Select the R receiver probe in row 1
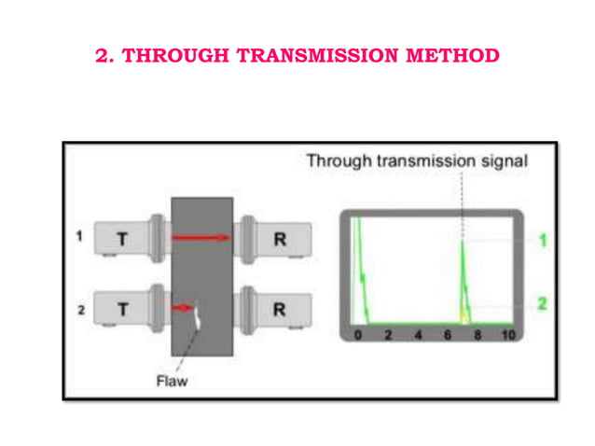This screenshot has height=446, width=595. pos(277,239)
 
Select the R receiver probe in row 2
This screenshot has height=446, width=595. pos(277,309)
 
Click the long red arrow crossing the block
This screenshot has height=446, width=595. pos(200,237)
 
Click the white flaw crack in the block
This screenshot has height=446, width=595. pos(199,319)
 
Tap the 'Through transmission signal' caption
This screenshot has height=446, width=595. pos(417,160)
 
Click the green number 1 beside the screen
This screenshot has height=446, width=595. pos(541,241)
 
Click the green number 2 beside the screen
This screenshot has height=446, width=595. pos(541,303)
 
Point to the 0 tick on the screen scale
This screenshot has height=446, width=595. pos(359,335)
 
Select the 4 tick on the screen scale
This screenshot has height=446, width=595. pos(418,335)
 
